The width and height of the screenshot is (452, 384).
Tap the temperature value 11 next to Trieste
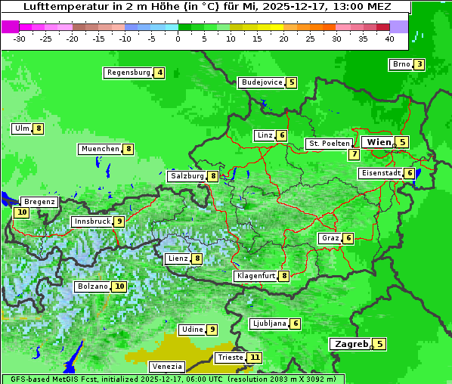click(x=255, y=358)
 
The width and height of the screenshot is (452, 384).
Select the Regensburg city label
click(x=128, y=73)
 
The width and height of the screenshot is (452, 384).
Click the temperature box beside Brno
click(x=419, y=64)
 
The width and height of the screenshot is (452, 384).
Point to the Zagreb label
click(x=351, y=344)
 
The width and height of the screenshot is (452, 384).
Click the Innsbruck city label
click(x=91, y=221)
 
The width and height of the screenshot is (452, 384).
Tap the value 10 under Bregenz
click(x=21, y=212)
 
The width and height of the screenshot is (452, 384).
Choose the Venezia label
click(x=167, y=367)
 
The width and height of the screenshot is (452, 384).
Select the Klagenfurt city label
click(x=255, y=276)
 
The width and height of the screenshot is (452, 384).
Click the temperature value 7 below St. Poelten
click(x=354, y=154)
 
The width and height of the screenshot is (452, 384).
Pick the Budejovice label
click(x=262, y=82)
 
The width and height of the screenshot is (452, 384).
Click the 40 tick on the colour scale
click(x=389, y=38)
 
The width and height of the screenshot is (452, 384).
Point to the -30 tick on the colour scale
click(x=20, y=38)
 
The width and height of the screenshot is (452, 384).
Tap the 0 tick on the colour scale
click(x=178, y=38)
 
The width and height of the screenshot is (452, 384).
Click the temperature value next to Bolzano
click(x=119, y=286)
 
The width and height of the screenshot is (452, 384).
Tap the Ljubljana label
click(x=268, y=324)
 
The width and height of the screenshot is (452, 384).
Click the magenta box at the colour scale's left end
click(x=10, y=26)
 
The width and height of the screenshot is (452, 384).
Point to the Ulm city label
click(x=21, y=129)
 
